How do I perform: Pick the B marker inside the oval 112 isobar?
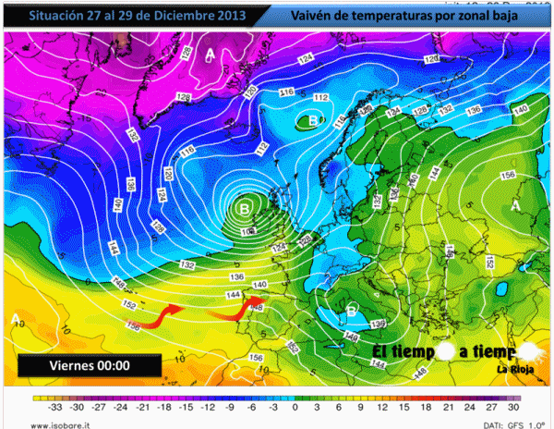314,120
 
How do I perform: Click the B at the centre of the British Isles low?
245,210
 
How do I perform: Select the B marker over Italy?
352,310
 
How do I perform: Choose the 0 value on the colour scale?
295,407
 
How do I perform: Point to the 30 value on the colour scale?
513,407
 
